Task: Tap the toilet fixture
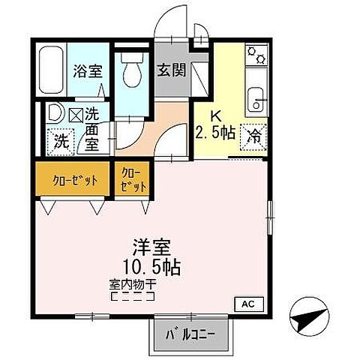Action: point(133,71)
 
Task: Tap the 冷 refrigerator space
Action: point(253,136)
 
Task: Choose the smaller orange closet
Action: point(131,180)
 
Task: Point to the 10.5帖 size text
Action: point(152,266)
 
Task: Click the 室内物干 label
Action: point(132,285)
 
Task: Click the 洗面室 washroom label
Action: point(91,129)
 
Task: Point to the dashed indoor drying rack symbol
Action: point(132,296)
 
